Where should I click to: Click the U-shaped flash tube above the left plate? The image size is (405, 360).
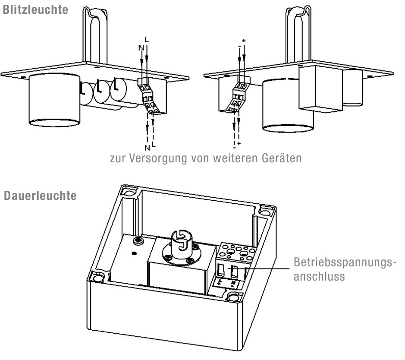click(93, 30)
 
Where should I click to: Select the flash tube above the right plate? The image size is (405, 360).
click(298, 30)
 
